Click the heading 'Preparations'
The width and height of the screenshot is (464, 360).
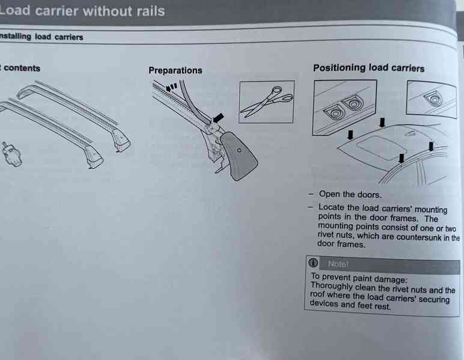tap(175, 70)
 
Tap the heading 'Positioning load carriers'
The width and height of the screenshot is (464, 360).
tap(368, 68)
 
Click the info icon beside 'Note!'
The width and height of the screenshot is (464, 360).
tap(313, 263)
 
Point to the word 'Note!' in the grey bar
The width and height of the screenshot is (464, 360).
tap(338, 264)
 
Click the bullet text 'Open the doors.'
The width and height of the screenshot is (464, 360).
tap(350, 194)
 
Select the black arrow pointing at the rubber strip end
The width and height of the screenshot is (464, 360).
tap(218, 118)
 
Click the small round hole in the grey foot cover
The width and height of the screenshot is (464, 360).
tap(239, 150)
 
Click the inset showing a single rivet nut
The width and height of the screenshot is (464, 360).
tap(431, 99)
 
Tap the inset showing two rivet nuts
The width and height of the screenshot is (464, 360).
tap(344, 108)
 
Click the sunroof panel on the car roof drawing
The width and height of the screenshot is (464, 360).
tap(378, 147)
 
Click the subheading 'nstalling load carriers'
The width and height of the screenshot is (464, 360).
tap(41, 37)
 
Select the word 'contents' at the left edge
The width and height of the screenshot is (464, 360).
tap(22, 68)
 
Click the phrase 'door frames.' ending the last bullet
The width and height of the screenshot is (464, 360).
tap(341, 244)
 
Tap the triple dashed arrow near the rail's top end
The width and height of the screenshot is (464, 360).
tap(171, 87)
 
